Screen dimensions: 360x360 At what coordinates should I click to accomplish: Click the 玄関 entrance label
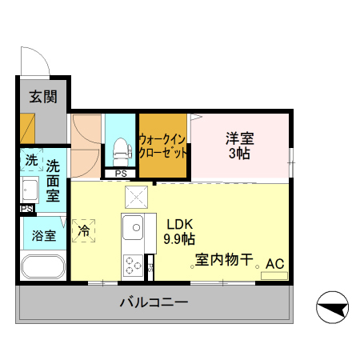[43, 97]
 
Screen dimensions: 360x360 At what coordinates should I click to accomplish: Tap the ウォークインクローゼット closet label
[164, 144]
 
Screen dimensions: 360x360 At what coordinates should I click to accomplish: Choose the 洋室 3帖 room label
[239, 144]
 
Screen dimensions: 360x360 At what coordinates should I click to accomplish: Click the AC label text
[274, 263]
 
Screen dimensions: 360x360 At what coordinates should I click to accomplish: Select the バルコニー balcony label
[154, 303]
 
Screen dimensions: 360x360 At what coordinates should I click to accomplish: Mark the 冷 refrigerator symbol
[83, 230]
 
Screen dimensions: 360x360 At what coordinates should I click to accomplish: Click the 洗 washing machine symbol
[30, 159]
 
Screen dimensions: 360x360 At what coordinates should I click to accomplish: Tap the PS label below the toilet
[120, 174]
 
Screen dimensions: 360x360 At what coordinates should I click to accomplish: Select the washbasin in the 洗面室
[30, 191]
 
